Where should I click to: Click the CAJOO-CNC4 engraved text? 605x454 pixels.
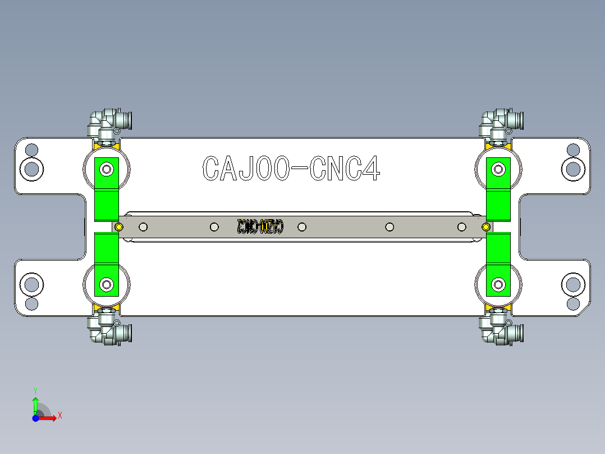tap(291, 168)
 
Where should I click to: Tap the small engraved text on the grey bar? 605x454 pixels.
tap(260, 227)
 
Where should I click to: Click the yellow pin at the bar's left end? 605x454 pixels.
tap(119, 227)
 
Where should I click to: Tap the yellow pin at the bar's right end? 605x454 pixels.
tap(486, 227)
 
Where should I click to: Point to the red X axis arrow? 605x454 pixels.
tap(51, 417)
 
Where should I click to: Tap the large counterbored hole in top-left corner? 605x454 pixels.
tap(32, 168)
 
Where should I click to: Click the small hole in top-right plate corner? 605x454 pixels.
tap(573, 150)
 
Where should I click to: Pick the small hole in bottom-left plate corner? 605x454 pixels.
tap(32, 304)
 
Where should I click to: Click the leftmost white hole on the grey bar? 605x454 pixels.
tap(143, 227)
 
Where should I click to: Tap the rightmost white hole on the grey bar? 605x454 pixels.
tap(462, 227)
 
